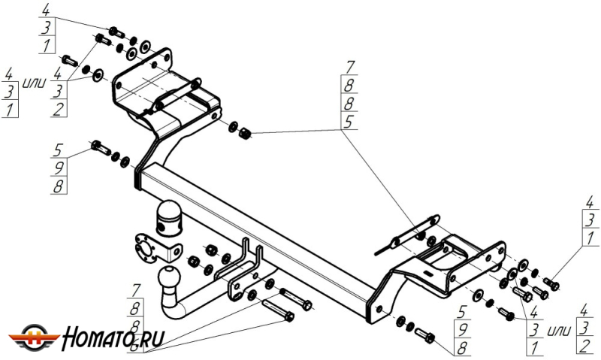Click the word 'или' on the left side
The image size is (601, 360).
34,80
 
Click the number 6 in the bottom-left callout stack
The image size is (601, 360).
136,347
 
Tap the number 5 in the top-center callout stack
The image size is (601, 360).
349,121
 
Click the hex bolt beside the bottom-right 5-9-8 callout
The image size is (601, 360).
424,334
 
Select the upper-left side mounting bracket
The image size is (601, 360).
162,90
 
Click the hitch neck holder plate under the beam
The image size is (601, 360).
240,271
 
